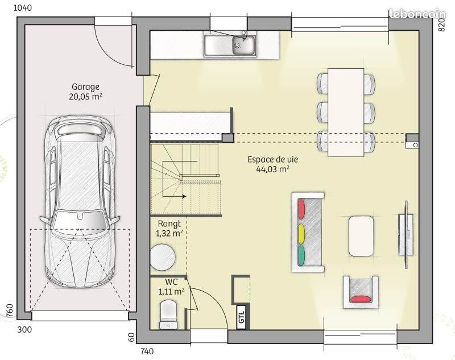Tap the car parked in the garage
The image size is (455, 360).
click(x=80, y=202)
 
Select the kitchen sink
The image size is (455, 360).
click(x=230, y=44)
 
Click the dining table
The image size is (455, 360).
click(x=346, y=111)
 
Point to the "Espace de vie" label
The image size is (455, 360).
click(x=272, y=160)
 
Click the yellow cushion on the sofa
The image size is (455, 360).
click(x=301, y=233)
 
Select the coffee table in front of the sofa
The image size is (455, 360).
click(x=361, y=235)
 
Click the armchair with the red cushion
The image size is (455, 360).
click(x=360, y=291)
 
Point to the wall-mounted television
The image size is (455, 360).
click(x=406, y=234)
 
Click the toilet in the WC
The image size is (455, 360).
click(x=168, y=315)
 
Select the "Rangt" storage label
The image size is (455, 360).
click(x=169, y=224)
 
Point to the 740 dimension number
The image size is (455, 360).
click(x=147, y=351)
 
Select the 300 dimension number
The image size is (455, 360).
click(x=24, y=329)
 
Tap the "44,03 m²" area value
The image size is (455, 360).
click(x=272, y=169)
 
